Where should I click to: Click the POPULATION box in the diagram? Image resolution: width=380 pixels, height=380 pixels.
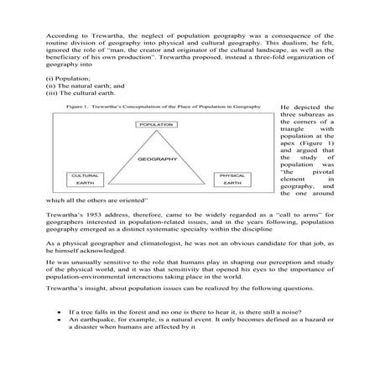pyautogui.click(x=157, y=124)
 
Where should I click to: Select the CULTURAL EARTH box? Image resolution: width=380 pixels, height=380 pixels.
pyautogui.click(x=85, y=179)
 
